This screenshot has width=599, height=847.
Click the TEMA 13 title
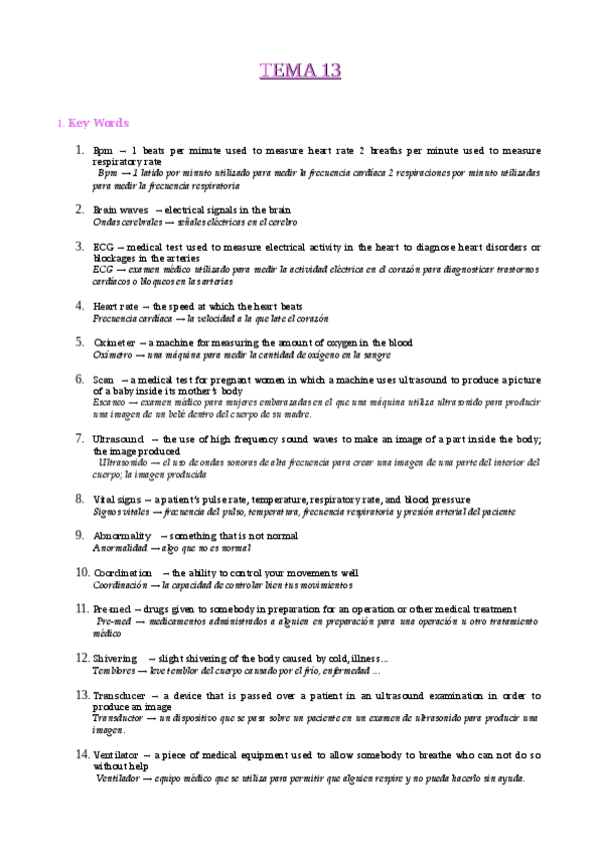(x=300, y=71)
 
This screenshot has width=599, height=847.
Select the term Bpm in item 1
(x=103, y=151)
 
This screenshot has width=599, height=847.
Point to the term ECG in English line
(x=103, y=247)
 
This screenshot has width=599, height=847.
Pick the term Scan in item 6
(x=103, y=380)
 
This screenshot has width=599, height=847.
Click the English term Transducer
(x=119, y=695)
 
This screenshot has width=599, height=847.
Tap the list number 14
(x=82, y=754)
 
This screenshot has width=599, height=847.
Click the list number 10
(x=82, y=571)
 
